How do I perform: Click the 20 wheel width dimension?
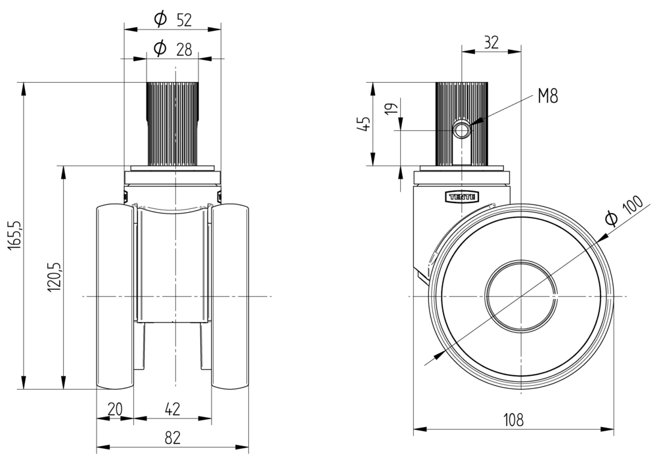(114, 409)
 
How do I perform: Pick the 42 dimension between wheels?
(172, 409)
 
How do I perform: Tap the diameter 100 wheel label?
(622, 212)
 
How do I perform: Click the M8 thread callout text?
(547, 97)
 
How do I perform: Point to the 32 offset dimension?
(491, 42)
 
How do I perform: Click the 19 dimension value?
(393, 109)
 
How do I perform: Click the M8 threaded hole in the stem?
(463, 129)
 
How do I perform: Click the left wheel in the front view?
(115, 296)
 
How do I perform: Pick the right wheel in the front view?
(231, 296)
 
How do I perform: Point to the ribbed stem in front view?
(172, 122)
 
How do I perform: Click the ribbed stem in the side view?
(461, 105)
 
